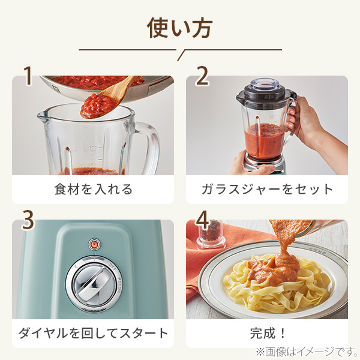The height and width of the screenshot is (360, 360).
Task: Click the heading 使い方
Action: pos(180,28)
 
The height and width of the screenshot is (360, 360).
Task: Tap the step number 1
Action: pos(28,76)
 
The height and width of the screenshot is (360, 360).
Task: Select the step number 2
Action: pos(202,76)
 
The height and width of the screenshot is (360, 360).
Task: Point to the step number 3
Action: pos(28,220)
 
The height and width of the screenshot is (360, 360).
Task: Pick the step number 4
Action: pos(202,220)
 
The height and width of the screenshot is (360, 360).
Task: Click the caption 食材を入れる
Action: pos(93,190)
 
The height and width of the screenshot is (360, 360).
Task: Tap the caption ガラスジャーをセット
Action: pos(267,190)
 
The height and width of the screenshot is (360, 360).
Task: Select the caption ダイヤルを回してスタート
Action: pos(93,333)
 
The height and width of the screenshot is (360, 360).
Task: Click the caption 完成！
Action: pos(268,333)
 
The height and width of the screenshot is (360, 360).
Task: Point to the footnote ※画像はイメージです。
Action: pos(307,352)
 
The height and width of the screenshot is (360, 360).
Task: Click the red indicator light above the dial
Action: pos(94,244)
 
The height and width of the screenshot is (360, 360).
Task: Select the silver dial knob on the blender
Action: pos(93,284)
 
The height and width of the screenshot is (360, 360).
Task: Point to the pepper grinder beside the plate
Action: pos(211,234)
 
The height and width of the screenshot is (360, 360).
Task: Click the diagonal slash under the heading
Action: pos(181,55)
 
